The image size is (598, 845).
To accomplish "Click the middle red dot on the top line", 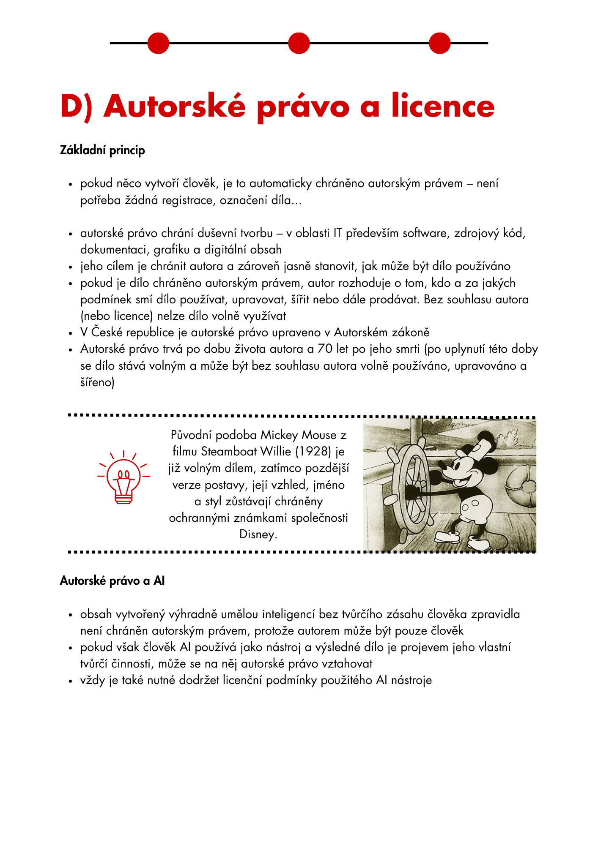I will coord(299,43).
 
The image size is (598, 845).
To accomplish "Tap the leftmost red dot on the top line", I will coord(158,43).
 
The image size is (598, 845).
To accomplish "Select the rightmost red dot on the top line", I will coord(439,43).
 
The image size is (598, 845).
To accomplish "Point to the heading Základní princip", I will coord(102,150).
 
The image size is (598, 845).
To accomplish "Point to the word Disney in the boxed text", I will coord(258,534).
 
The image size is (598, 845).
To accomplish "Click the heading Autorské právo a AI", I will coord(112,581).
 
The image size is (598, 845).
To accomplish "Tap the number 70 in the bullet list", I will coord(325,349).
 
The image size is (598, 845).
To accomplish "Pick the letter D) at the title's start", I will coord(76,106).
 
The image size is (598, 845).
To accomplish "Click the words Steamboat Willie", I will coord(245,452).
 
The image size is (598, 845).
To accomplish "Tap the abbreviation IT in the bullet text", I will coord(337,233).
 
